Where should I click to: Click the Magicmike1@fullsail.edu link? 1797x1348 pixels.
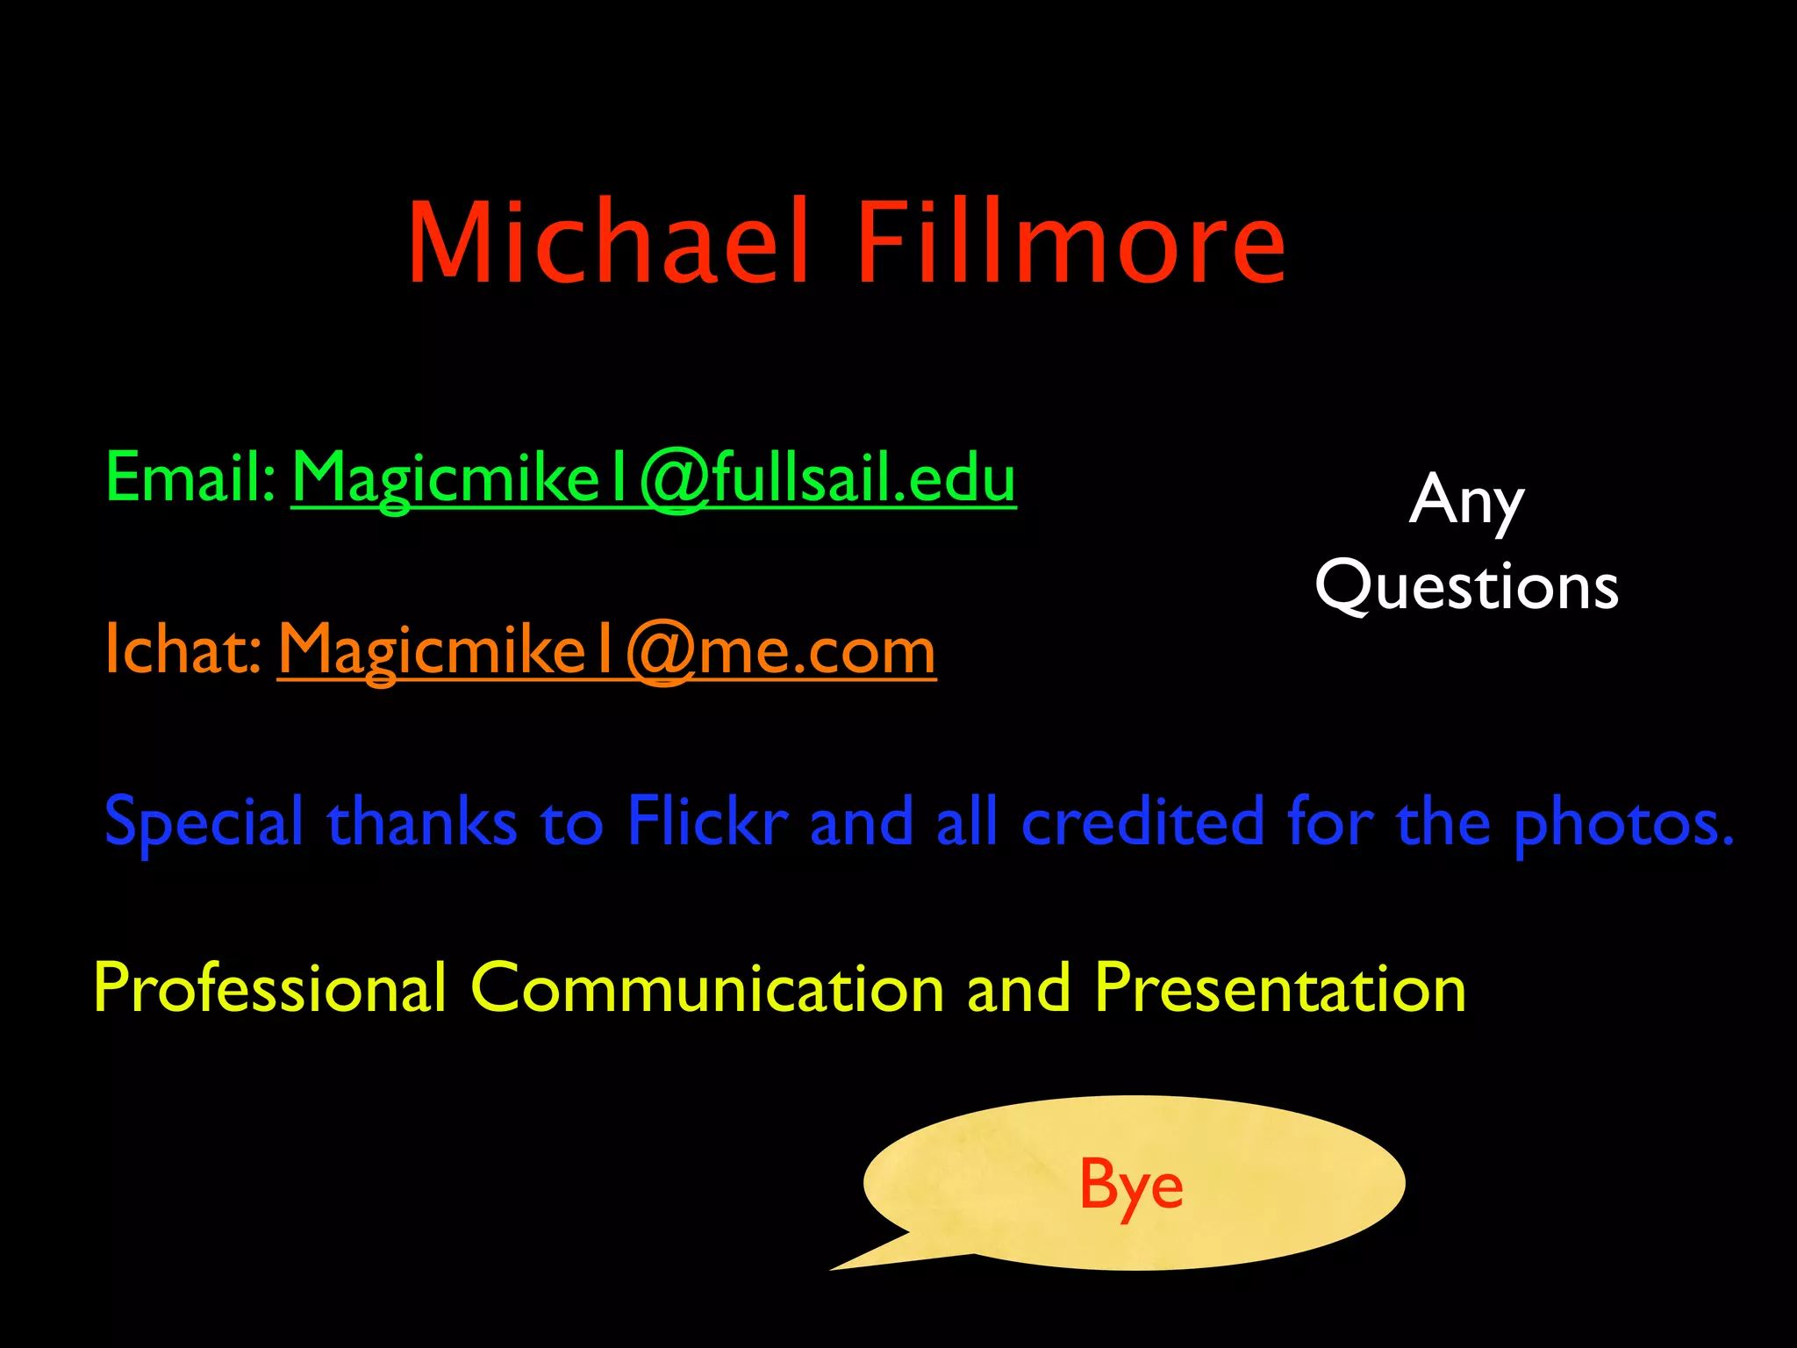[654, 478]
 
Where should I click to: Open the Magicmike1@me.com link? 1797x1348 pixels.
[606, 651]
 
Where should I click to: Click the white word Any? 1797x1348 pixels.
[1466, 500]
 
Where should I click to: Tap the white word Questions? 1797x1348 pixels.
[1466, 586]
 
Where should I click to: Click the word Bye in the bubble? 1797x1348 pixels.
[1131, 1185]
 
